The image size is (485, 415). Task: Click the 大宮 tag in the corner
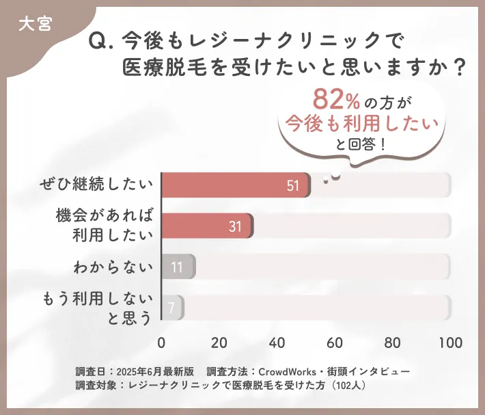(33, 23)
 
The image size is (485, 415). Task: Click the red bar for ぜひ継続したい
(236, 185)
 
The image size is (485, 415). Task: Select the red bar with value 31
(207, 226)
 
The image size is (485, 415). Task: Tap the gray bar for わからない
(178, 267)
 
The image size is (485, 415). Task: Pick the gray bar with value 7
(172, 308)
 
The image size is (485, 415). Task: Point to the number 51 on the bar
(293, 186)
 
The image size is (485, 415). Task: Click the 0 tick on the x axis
(162, 343)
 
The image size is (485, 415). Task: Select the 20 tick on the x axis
(219, 343)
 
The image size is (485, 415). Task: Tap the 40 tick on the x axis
(277, 343)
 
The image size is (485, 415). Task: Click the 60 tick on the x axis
(335, 343)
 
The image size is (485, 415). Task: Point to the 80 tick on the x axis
(393, 343)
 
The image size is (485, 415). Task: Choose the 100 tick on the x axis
(449, 343)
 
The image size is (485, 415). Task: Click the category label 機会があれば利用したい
(102, 226)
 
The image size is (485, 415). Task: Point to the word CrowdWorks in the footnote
(288, 371)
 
